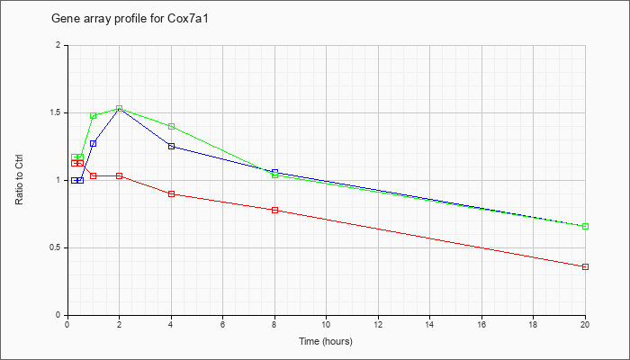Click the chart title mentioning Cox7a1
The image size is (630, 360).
130,19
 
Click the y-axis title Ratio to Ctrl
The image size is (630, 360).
19,180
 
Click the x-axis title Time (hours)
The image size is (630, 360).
326,341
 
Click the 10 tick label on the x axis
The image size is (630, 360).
326,324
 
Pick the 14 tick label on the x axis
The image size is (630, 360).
429,324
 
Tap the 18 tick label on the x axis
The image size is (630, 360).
533,324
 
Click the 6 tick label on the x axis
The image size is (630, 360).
222,324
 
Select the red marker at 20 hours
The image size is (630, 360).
585,266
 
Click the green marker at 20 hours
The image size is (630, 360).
585,226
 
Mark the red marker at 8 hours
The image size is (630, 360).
274,210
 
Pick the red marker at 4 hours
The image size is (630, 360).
172,194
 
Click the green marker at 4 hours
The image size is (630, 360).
172,127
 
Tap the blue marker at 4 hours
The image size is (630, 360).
172,146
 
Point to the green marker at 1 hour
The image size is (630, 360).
94,116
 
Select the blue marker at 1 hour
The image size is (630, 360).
94,143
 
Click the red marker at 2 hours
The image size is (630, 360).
120,176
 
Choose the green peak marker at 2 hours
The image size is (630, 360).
120,109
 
